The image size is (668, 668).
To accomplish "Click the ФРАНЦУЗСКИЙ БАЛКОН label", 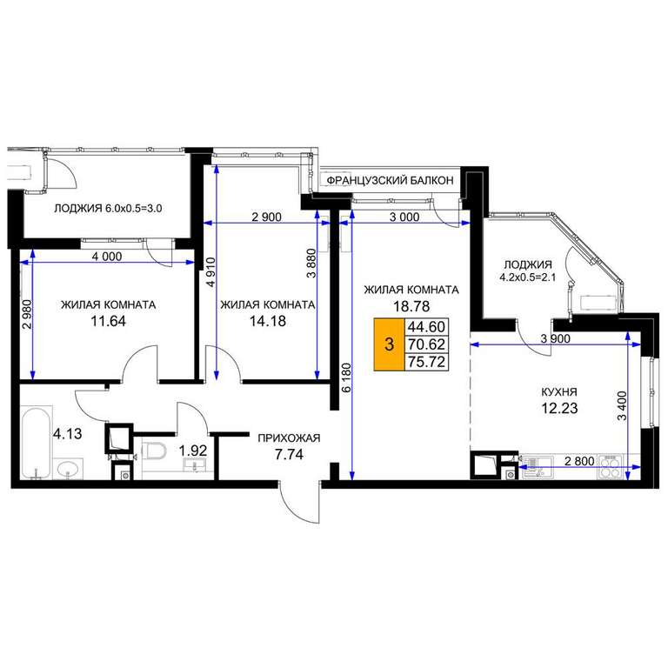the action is coord(390,181).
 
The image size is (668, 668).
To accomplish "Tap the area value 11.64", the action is coord(108,321).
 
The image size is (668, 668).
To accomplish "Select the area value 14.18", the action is coord(268,321).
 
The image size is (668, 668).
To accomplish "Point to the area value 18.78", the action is coord(411,306).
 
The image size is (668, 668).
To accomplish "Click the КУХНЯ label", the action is coord(559,392).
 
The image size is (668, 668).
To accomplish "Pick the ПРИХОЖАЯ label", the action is coord(289,438).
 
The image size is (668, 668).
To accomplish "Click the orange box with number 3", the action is coord(389,344).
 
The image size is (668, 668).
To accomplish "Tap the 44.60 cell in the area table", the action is coord(426,327).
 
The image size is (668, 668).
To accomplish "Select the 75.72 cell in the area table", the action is coord(426,362).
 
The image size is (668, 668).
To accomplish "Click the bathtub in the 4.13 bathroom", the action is coord(37,443).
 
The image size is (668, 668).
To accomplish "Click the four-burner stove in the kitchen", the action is coord(611,466).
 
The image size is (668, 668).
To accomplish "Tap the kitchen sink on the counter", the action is coord(537,466).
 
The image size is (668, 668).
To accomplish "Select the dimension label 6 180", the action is coord(347,377).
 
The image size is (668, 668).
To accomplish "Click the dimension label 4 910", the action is coord(211,271).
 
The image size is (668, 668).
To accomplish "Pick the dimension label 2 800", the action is coord(579,461).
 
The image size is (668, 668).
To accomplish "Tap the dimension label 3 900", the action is coord(555,338).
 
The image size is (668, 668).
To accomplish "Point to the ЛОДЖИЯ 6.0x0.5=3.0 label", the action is coord(108,209).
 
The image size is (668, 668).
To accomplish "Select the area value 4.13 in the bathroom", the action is coord(67,434).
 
